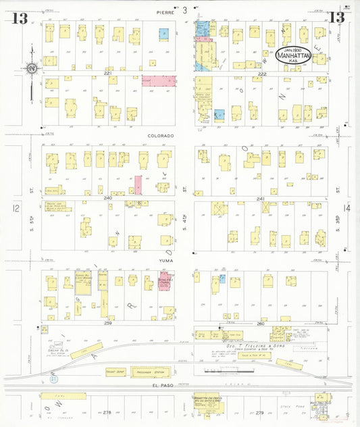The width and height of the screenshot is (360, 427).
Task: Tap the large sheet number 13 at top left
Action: (x=20, y=18)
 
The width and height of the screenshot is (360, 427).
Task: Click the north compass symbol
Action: (x=31, y=68)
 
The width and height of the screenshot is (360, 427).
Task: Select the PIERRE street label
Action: (x=165, y=12)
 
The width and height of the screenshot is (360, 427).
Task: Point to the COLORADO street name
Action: (x=161, y=135)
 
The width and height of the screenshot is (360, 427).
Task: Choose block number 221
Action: (x=107, y=73)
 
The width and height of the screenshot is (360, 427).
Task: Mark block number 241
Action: (x=261, y=199)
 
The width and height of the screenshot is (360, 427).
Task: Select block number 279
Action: (x=260, y=411)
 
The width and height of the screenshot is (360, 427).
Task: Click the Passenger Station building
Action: (x=150, y=372)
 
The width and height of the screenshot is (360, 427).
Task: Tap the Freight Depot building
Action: (x=116, y=372)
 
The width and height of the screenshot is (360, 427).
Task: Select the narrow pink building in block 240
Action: (x=138, y=185)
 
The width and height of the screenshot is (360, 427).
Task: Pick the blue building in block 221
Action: (x=163, y=32)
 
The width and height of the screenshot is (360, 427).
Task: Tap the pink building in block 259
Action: (x=164, y=283)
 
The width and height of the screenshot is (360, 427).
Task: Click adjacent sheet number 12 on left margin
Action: (x=17, y=209)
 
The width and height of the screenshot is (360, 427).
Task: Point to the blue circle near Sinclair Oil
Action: (x=53, y=380)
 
